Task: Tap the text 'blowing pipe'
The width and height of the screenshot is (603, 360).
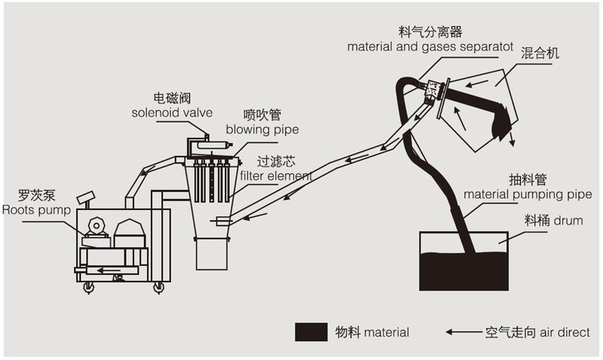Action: (262, 129)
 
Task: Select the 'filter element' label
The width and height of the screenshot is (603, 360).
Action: (275, 175)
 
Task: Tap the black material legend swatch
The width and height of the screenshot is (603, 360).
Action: (311, 331)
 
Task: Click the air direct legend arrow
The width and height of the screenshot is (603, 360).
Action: (462, 331)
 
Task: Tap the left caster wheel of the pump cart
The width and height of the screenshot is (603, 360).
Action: (88, 288)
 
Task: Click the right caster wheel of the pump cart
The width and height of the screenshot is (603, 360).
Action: (158, 288)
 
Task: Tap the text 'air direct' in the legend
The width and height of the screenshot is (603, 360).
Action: (565, 331)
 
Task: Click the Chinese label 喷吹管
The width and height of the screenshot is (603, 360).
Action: (262, 114)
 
